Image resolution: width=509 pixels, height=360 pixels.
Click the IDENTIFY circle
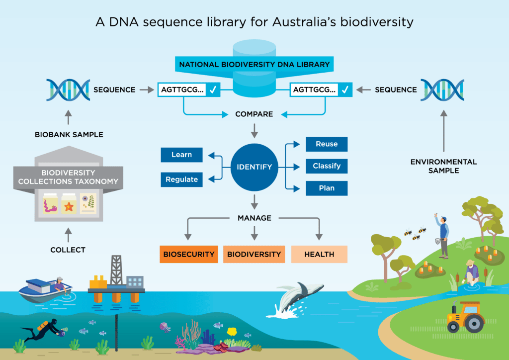254,167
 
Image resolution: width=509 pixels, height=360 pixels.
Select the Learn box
181,155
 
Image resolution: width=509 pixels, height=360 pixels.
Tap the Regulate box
181,180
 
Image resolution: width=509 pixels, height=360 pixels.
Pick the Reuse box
326,144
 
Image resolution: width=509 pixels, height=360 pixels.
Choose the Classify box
326,166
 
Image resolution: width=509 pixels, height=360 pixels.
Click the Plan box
326,188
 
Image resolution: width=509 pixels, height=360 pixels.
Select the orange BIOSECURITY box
188,254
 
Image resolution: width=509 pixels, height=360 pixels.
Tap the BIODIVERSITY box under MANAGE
254,254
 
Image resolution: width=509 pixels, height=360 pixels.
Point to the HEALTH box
319,254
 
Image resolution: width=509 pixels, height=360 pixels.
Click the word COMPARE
254,114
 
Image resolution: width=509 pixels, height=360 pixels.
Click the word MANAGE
254,218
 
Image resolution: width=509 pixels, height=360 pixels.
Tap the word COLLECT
68,250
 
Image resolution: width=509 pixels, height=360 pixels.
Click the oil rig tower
116,271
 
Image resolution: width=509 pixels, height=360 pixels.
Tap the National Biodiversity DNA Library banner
254,65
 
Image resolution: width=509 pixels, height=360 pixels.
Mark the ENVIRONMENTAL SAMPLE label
444,166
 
